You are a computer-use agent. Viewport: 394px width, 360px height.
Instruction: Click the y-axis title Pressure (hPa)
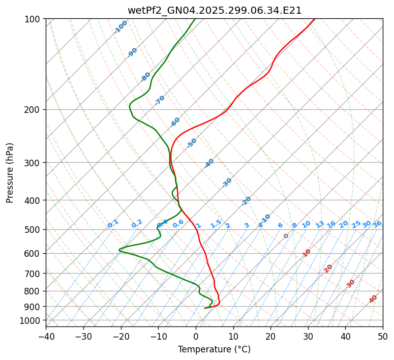pos(10,173)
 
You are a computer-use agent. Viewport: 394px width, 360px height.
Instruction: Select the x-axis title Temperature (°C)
pos(214,349)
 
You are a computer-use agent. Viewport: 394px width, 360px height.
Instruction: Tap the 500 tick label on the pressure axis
pos(34,229)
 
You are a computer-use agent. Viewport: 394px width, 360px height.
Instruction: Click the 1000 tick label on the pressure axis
pos(32,320)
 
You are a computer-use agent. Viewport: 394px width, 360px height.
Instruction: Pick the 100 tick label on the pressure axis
pos(34,19)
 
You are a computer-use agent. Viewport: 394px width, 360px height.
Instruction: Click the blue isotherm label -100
pos(120,27)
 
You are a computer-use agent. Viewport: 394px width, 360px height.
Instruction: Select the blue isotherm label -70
pos(160,100)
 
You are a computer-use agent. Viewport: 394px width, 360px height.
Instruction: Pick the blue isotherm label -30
pos(227,183)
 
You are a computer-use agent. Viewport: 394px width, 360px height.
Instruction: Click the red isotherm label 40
pos(373,299)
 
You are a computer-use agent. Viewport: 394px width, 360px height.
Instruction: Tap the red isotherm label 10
pos(307,253)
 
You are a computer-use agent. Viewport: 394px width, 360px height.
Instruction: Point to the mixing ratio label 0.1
pos(113,224)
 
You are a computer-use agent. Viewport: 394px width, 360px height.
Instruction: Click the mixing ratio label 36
pos(377,224)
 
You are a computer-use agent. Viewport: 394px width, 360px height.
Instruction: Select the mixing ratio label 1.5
pos(216,224)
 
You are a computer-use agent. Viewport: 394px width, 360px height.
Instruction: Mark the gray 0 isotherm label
pos(286,236)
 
